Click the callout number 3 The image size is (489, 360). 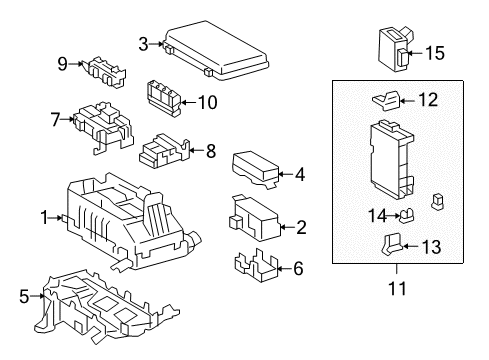point(143,42)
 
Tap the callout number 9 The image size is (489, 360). point(62,64)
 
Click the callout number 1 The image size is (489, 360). point(43,216)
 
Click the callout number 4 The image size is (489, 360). point(299,173)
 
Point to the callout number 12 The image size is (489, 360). point(428,99)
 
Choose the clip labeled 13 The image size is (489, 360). point(392,245)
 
